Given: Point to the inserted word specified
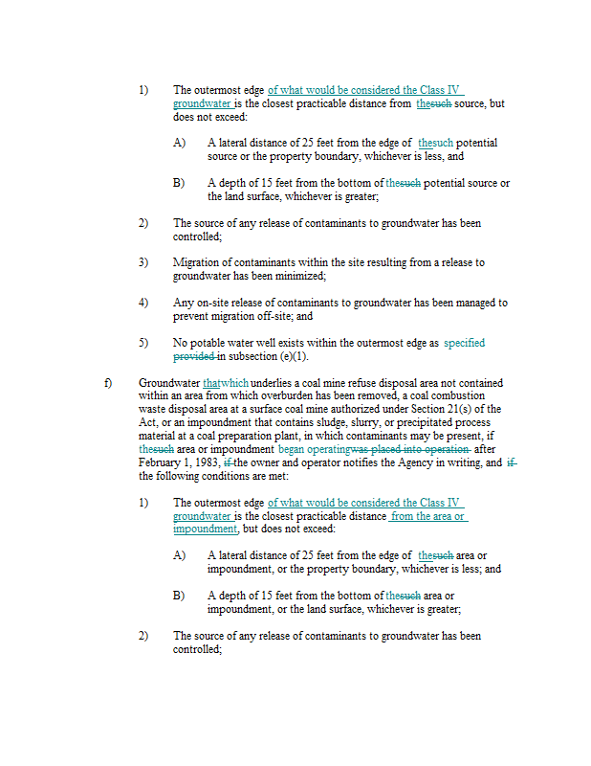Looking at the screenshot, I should coord(464,343).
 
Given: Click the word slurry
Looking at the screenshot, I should coord(355,422).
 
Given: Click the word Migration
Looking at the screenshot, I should coord(196,262).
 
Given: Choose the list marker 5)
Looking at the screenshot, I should coord(142,343).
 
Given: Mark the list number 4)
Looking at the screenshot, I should coord(142,303).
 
